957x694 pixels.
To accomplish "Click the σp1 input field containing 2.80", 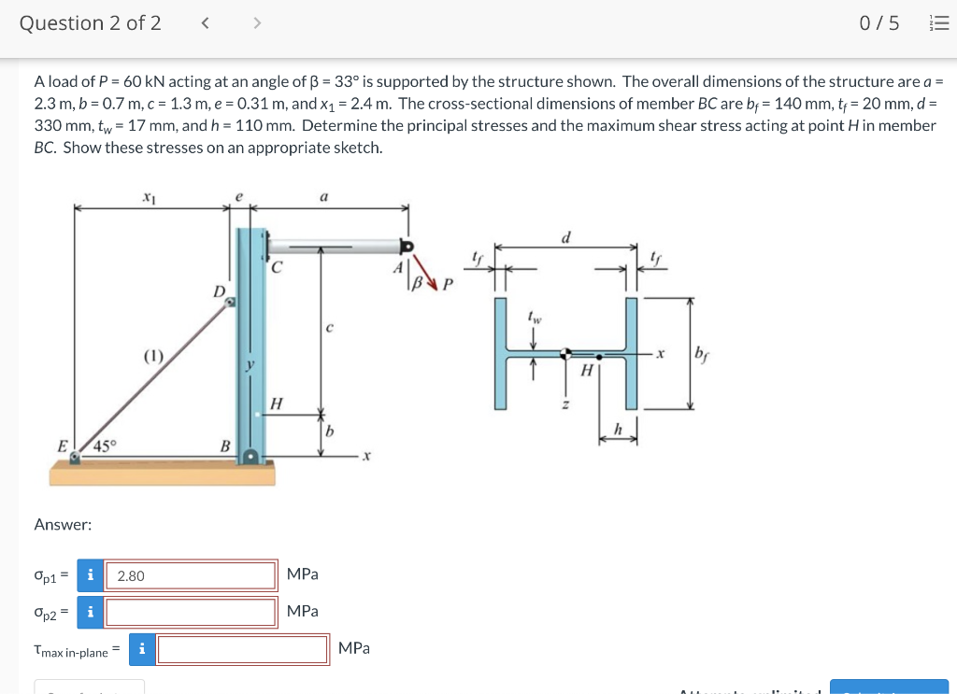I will (191, 575).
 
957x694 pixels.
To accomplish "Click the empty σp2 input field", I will (191, 612).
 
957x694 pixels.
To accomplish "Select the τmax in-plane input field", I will (243, 649).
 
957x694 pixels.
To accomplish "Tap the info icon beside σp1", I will (90, 575).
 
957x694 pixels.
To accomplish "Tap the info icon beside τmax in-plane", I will (141, 649).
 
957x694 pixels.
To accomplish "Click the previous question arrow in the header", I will (205, 23).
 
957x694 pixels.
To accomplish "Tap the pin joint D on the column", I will (230, 301).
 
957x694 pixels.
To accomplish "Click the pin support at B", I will (250, 457).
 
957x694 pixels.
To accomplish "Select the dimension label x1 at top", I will (149, 197).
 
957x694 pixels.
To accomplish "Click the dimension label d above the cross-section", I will (566, 237).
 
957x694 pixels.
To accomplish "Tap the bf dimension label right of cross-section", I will (702, 354).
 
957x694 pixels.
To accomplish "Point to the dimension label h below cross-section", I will (617, 428).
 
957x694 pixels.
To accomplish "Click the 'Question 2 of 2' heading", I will (91, 23).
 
